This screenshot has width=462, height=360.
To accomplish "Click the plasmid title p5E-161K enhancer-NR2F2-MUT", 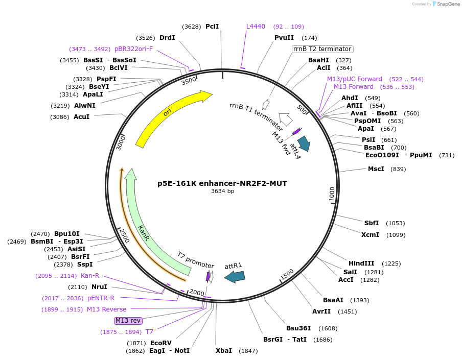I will coord(222,183).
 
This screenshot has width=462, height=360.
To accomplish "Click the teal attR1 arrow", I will coord(235,276).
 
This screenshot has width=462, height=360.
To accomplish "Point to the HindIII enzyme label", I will coord(361,263).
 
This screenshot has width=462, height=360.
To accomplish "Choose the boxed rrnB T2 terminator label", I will coord(322,49).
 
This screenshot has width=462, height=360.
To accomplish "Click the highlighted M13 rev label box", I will coord(128,321).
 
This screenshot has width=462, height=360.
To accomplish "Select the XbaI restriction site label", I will coord(223,351).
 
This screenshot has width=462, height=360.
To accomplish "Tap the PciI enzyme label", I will coord(212,27).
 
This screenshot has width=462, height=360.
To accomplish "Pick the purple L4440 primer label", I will coord(256,27).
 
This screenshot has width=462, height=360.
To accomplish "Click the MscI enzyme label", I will coord(376,169).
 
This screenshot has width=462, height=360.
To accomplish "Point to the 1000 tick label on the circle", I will coord(332,195).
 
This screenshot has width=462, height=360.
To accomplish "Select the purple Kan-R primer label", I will coord(90,276).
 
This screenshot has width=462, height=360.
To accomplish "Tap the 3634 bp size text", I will coord(222,191).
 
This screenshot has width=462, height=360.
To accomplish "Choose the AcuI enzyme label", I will coord(81,117).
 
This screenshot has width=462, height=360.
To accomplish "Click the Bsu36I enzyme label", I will coord(298,328).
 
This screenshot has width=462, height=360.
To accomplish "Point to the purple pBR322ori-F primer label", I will coord(133,49).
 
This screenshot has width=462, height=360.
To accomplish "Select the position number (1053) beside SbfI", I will coord(395,223).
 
